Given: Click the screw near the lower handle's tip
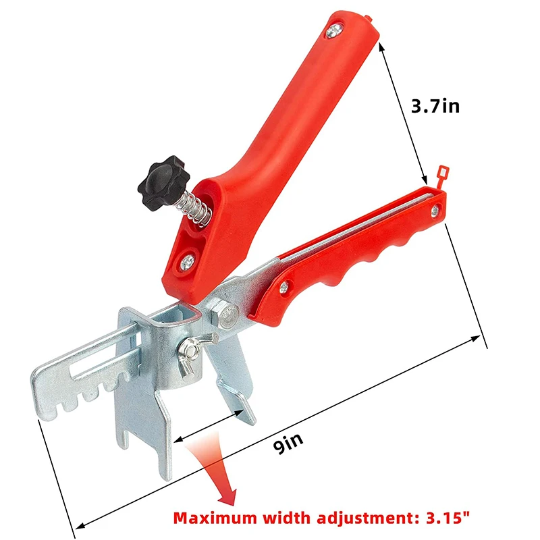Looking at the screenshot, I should point(433,214).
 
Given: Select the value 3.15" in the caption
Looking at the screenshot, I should point(443,519).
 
